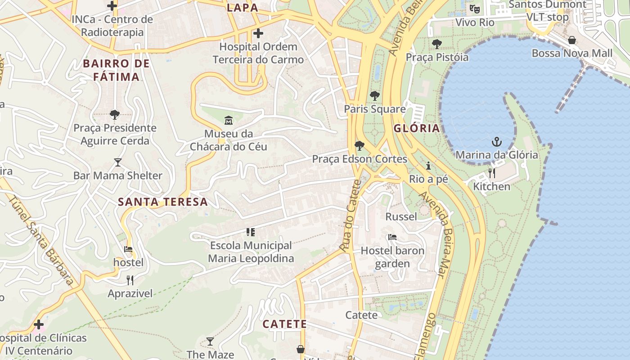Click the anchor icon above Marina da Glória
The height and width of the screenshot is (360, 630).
(496, 142)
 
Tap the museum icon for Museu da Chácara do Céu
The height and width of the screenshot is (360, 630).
(229, 121)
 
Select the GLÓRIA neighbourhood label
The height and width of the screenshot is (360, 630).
(417, 128)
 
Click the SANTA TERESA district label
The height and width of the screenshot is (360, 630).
(163, 202)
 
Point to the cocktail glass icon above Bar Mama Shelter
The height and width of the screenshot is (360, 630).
(118, 162)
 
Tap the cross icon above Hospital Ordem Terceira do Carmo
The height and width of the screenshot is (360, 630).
(258, 33)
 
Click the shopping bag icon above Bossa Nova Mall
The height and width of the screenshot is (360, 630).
(571, 40)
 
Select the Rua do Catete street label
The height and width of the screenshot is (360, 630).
(351, 216)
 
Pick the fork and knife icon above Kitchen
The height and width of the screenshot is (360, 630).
(492, 173)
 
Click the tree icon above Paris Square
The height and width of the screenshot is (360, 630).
(374, 96)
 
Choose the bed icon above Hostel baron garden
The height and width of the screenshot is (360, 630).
(392, 237)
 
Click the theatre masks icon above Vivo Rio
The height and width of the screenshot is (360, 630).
(474, 9)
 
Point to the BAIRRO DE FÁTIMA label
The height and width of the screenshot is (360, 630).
(116, 70)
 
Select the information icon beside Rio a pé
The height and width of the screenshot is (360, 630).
(428, 166)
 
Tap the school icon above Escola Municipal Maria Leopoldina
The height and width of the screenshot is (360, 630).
(251, 232)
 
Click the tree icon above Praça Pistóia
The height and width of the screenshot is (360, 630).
(436, 44)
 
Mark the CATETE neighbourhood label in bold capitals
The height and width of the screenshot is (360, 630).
(284, 324)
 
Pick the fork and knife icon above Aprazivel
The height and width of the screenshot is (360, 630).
(130, 280)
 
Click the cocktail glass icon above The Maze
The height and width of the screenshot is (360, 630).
(210, 342)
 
